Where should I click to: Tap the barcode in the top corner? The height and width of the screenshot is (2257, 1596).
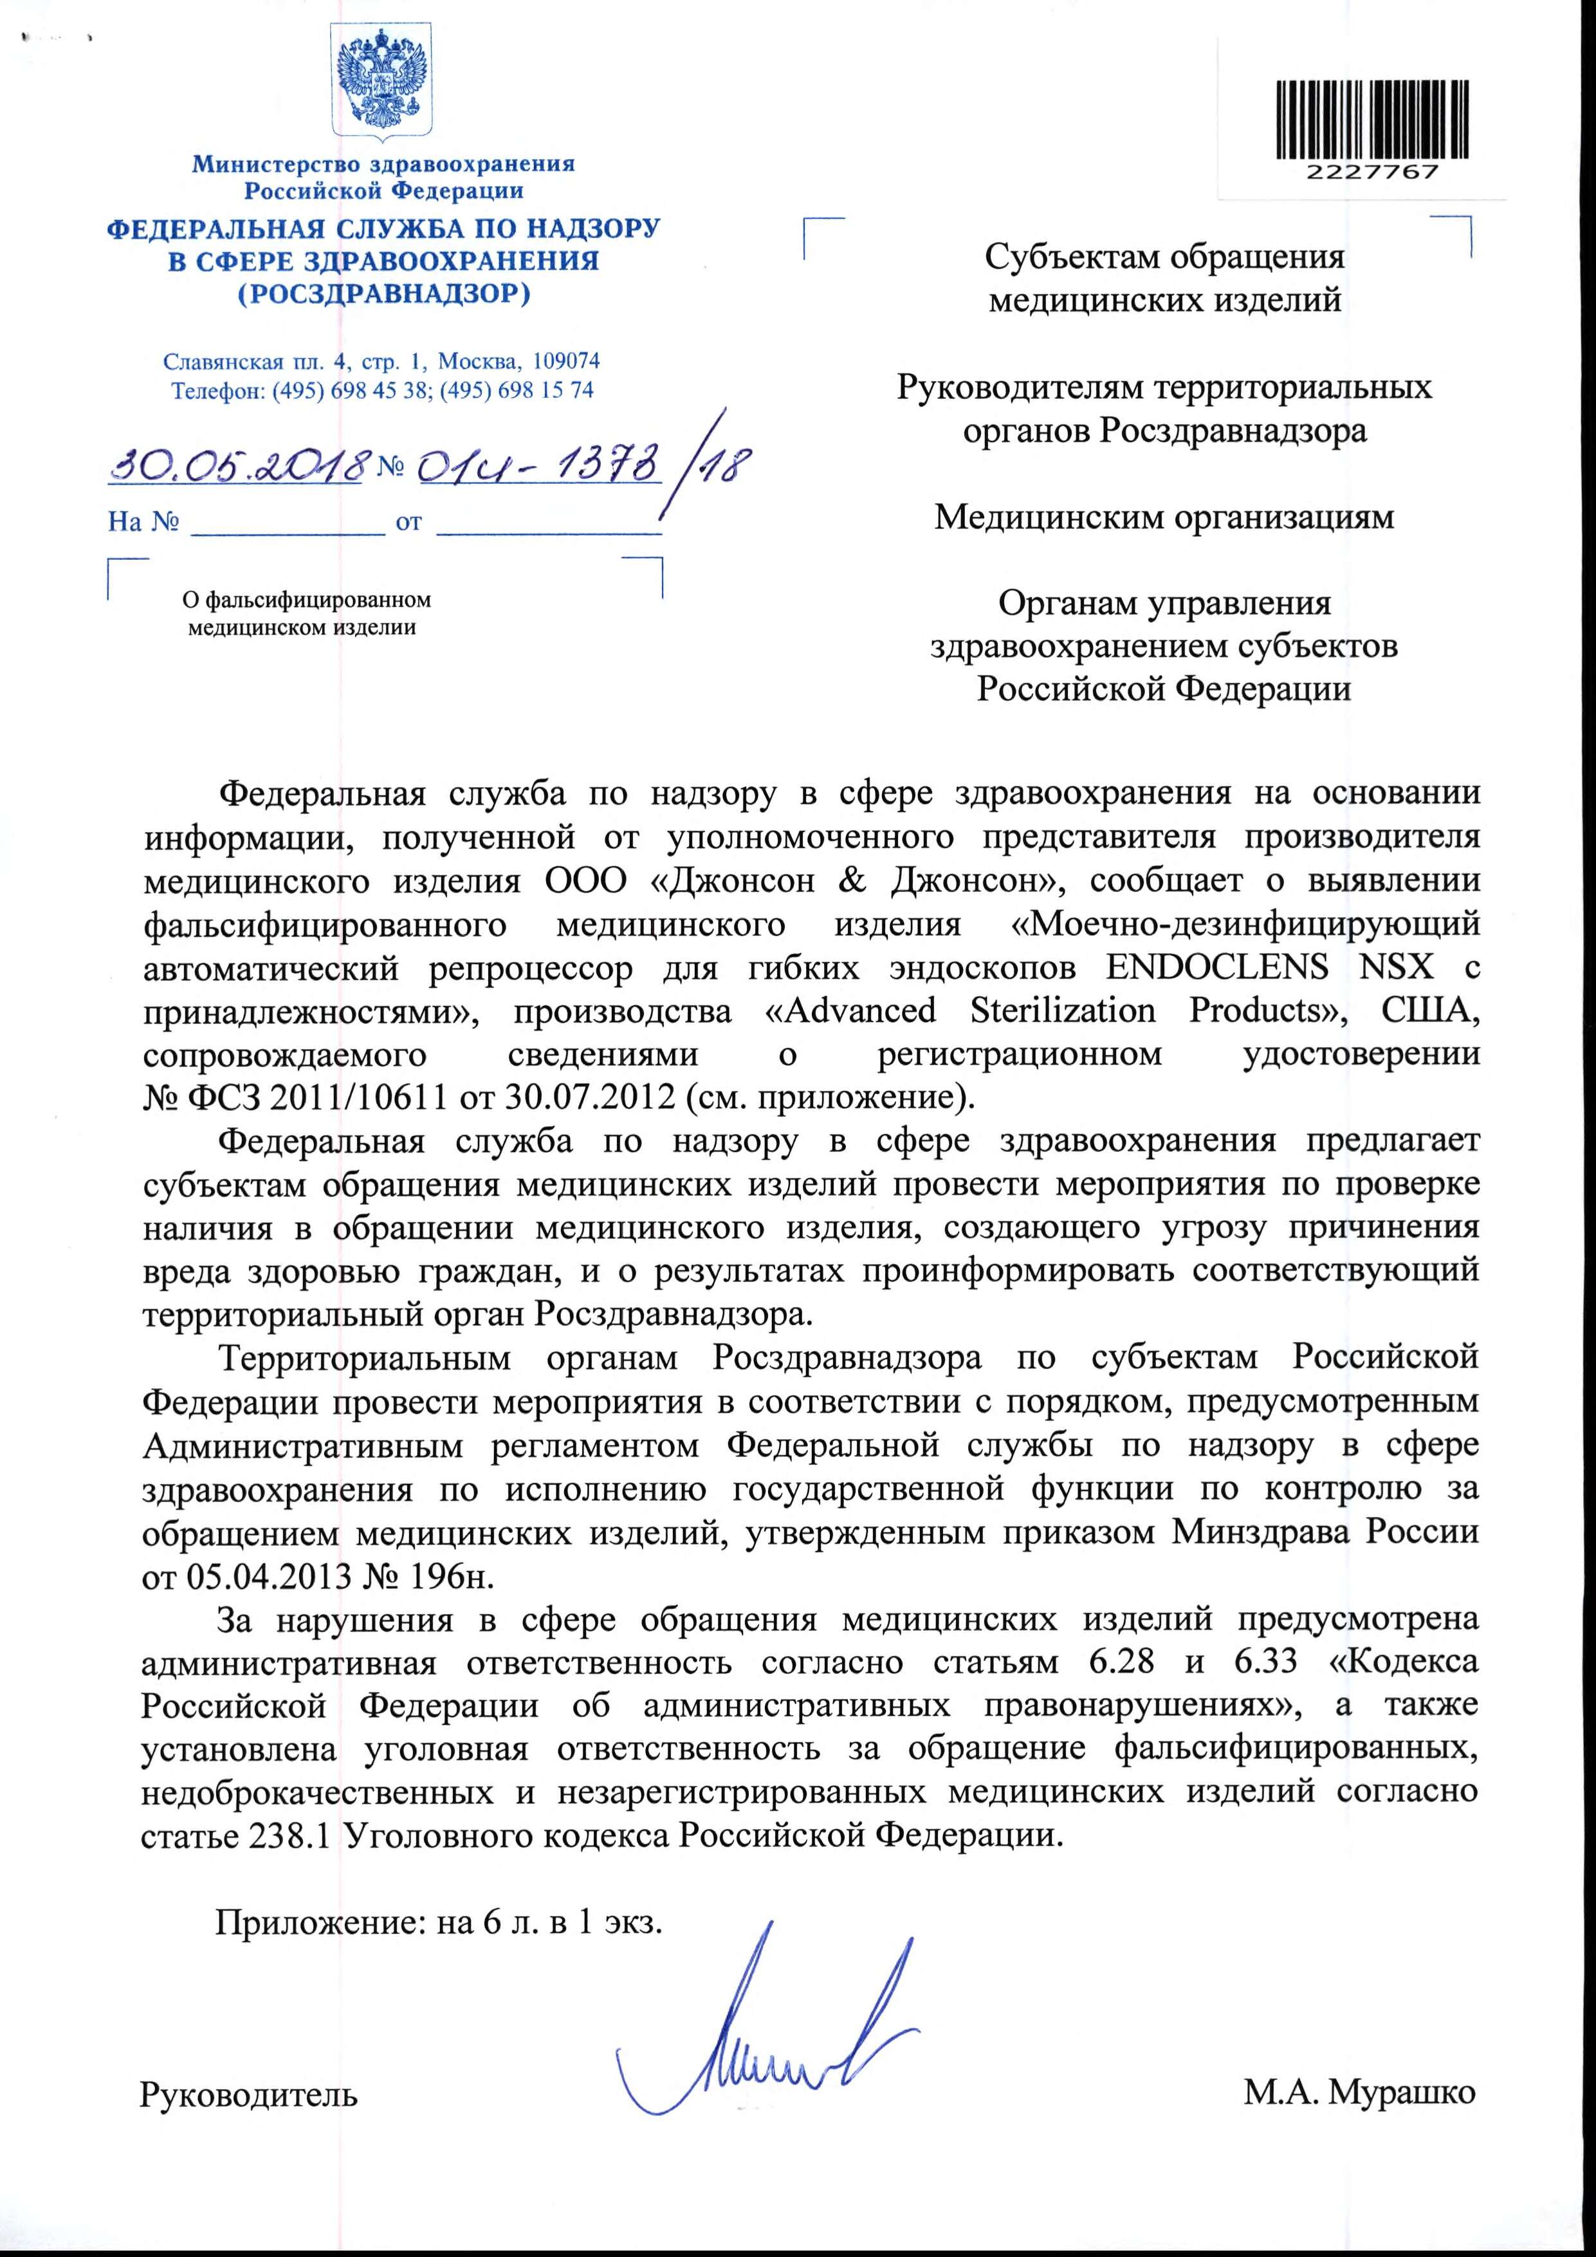1372,120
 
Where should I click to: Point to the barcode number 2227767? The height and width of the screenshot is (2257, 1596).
1372,172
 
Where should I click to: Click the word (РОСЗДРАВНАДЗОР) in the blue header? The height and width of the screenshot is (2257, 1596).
383,294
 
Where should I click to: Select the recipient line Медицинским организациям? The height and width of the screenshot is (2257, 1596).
1164,517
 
